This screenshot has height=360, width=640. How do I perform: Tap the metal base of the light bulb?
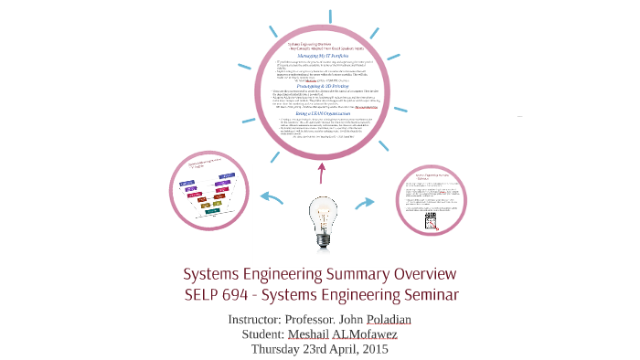tap(321, 239)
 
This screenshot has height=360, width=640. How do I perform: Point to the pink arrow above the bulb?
tap(320, 172)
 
